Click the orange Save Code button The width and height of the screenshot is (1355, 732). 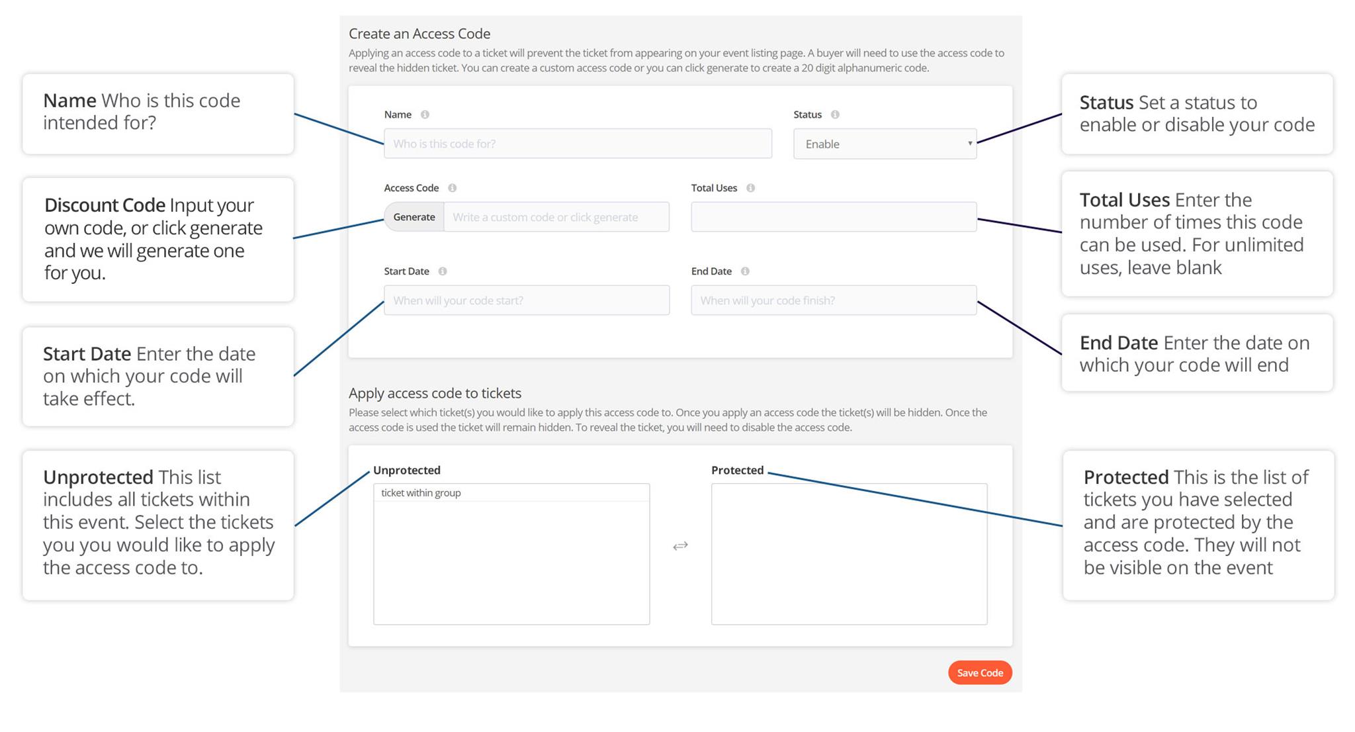click(980, 672)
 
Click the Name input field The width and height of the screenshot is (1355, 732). click(578, 144)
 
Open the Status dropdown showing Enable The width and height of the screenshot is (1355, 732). click(885, 144)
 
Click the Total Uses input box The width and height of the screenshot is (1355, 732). click(834, 217)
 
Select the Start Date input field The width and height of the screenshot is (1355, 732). click(527, 300)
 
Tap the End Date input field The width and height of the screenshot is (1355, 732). click(834, 300)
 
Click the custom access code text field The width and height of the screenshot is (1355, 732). click(556, 217)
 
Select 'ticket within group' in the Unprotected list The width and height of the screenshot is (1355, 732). click(421, 493)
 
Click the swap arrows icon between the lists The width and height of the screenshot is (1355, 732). click(680, 546)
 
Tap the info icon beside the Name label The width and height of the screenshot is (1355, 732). click(425, 114)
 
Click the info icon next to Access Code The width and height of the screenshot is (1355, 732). click(452, 188)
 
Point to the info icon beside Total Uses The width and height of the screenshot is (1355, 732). click(750, 188)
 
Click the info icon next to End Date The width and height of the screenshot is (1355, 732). click(745, 271)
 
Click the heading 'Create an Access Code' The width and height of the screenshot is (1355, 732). click(419, 34)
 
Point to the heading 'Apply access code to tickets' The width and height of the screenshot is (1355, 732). click(435, 393)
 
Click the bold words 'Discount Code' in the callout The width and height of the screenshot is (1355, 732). click(105, 205)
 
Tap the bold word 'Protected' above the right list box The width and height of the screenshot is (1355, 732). click(737, 471)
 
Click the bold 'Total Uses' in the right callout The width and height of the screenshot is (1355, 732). click(1125, 200)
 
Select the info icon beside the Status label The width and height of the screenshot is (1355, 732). click(835, 114)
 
